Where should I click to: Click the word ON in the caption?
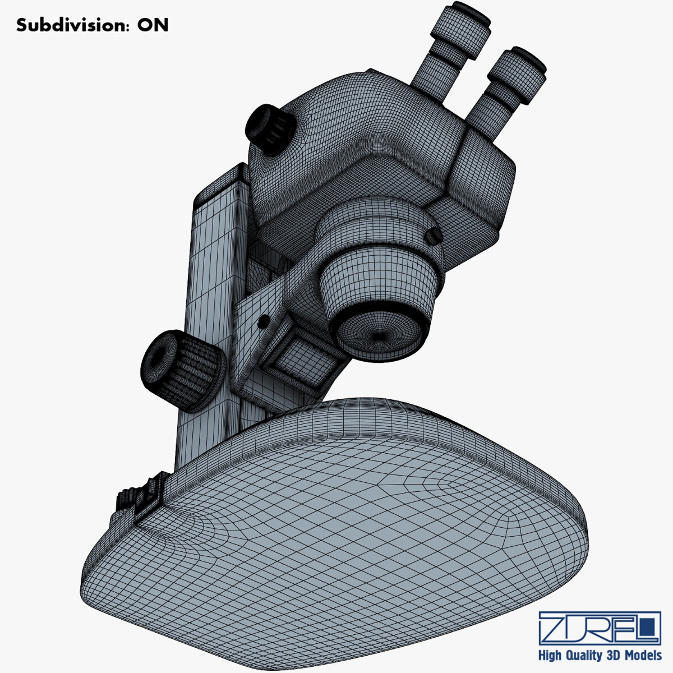[x=153, y=25]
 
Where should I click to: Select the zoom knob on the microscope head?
[x=268, y=128]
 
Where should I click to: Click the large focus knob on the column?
[x=178, y=370]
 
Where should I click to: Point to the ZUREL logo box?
[x=599, y=628]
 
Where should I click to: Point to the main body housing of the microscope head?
[x=359, y=146]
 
